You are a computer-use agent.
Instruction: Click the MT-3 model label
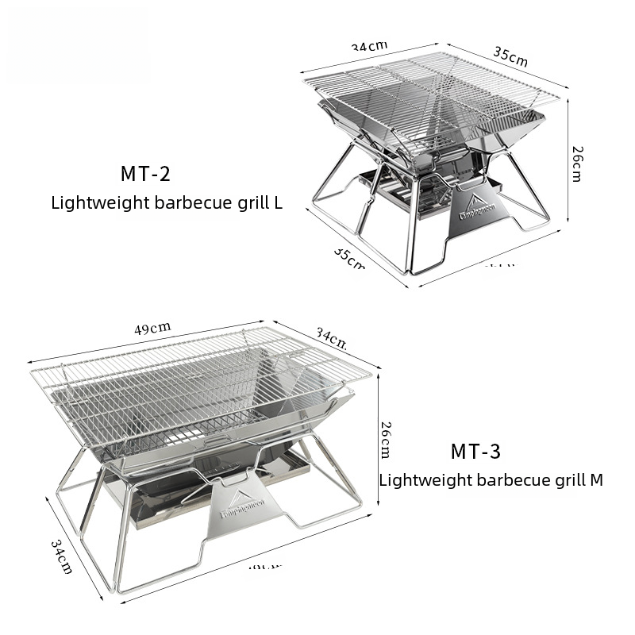coord(475,452)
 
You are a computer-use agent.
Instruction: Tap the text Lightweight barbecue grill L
coord(167,202)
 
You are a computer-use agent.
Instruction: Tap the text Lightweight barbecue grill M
coord(491,480)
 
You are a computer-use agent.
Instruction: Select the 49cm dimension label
coord(153,326)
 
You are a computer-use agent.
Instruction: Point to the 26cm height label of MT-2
coord(577,164)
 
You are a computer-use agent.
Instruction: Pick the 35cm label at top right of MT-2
coord(510,56)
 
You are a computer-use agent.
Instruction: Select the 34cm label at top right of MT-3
coord(330,339)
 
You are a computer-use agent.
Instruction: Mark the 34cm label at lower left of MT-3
coord(61,556)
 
